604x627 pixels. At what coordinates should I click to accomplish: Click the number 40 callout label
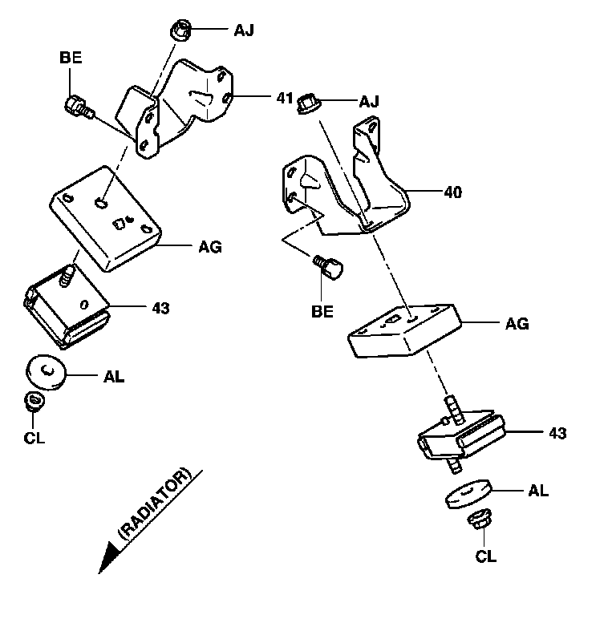453,192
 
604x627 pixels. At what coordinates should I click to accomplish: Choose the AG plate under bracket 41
104,216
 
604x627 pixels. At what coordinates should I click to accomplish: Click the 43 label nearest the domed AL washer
161,307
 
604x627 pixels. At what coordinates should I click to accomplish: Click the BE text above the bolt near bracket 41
71,58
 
